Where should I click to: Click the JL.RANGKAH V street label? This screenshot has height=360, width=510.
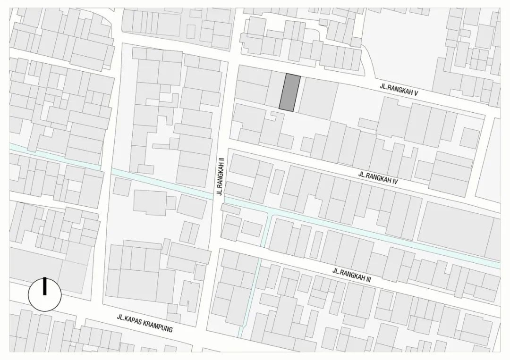tap(399, 90)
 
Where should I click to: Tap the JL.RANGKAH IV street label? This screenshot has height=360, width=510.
tap(378, 177)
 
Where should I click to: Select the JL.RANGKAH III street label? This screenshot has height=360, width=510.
tap(352, 275)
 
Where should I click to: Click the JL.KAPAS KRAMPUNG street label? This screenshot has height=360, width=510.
tap(145, 323)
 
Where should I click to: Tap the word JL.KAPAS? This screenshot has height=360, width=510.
tap(128, 319)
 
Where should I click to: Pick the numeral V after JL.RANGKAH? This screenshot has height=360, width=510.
tap(416, 92)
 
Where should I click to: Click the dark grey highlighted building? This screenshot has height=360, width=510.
tap(289, 93)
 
